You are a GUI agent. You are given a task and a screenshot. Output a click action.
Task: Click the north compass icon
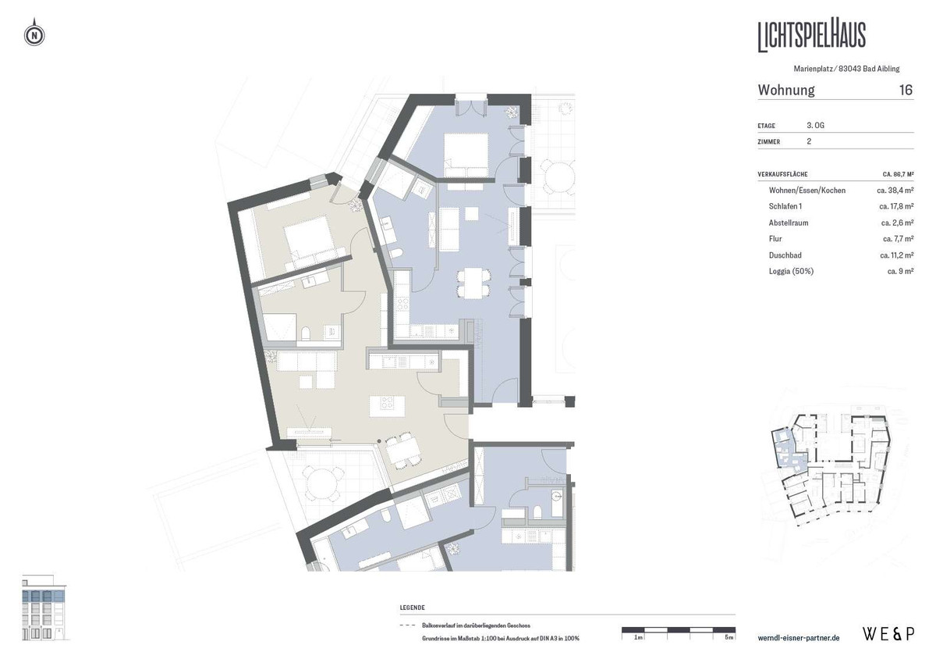34,35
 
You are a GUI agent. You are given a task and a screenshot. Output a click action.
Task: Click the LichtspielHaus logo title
811,36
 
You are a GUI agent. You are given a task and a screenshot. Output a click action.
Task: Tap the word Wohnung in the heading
786,90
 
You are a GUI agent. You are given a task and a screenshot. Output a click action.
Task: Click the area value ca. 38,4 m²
895,190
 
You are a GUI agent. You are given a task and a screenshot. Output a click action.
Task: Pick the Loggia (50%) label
792,271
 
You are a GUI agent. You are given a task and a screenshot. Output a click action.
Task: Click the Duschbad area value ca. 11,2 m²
895,255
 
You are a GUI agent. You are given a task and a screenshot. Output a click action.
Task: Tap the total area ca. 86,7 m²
892,173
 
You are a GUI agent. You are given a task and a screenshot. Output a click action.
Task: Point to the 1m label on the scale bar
638,638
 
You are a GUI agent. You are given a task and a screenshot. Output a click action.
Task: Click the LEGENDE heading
412,608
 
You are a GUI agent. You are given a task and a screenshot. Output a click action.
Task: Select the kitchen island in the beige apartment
386,404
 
